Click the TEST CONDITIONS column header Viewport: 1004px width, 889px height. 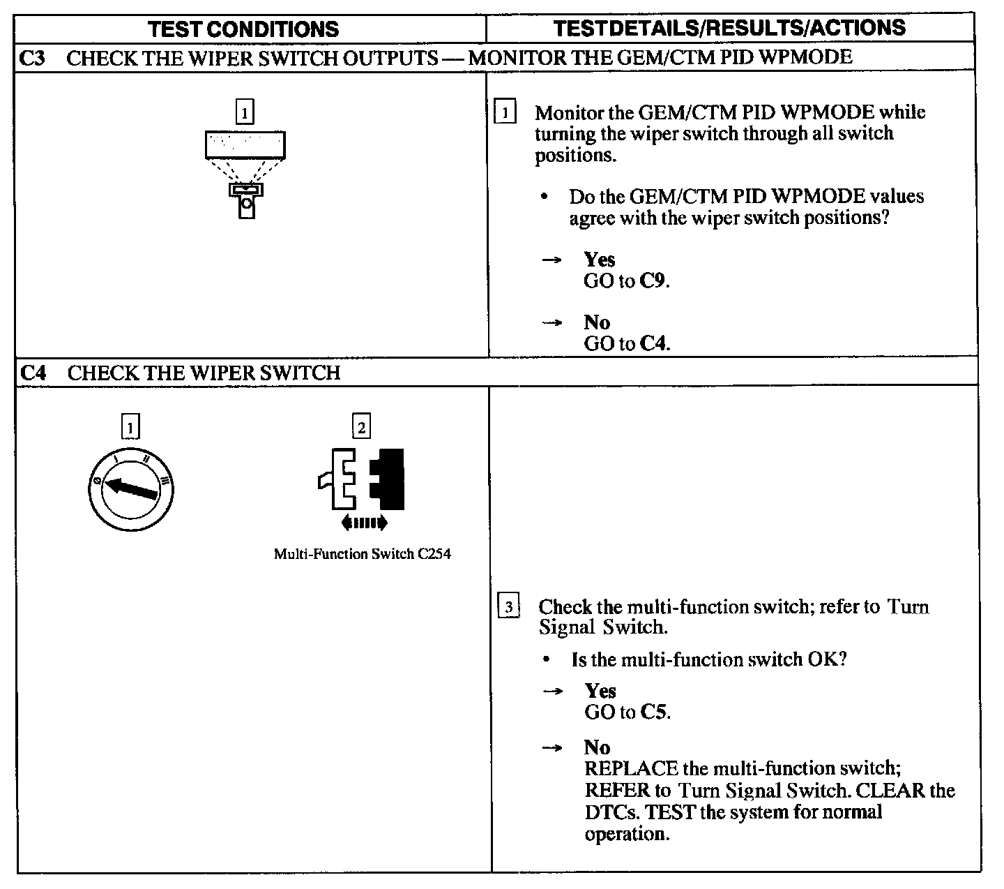[244, 29]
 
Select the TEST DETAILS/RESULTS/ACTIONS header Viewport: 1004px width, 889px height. [729, 28]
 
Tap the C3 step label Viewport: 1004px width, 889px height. [32, 57]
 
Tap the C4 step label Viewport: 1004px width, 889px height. [33, 373]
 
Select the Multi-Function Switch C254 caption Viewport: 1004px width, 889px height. [362, 554]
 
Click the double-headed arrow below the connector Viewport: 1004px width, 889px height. [363, 523]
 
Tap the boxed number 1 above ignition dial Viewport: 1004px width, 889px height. [130, 426]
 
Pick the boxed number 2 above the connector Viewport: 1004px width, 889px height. [361, 426]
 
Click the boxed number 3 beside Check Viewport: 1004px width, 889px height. [509, 607]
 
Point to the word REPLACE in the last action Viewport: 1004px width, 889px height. [631, 768]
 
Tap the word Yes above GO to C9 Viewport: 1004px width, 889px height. [600, 260]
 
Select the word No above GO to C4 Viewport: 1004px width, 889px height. [597, 322]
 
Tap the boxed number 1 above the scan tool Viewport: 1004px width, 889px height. [245, 112]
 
